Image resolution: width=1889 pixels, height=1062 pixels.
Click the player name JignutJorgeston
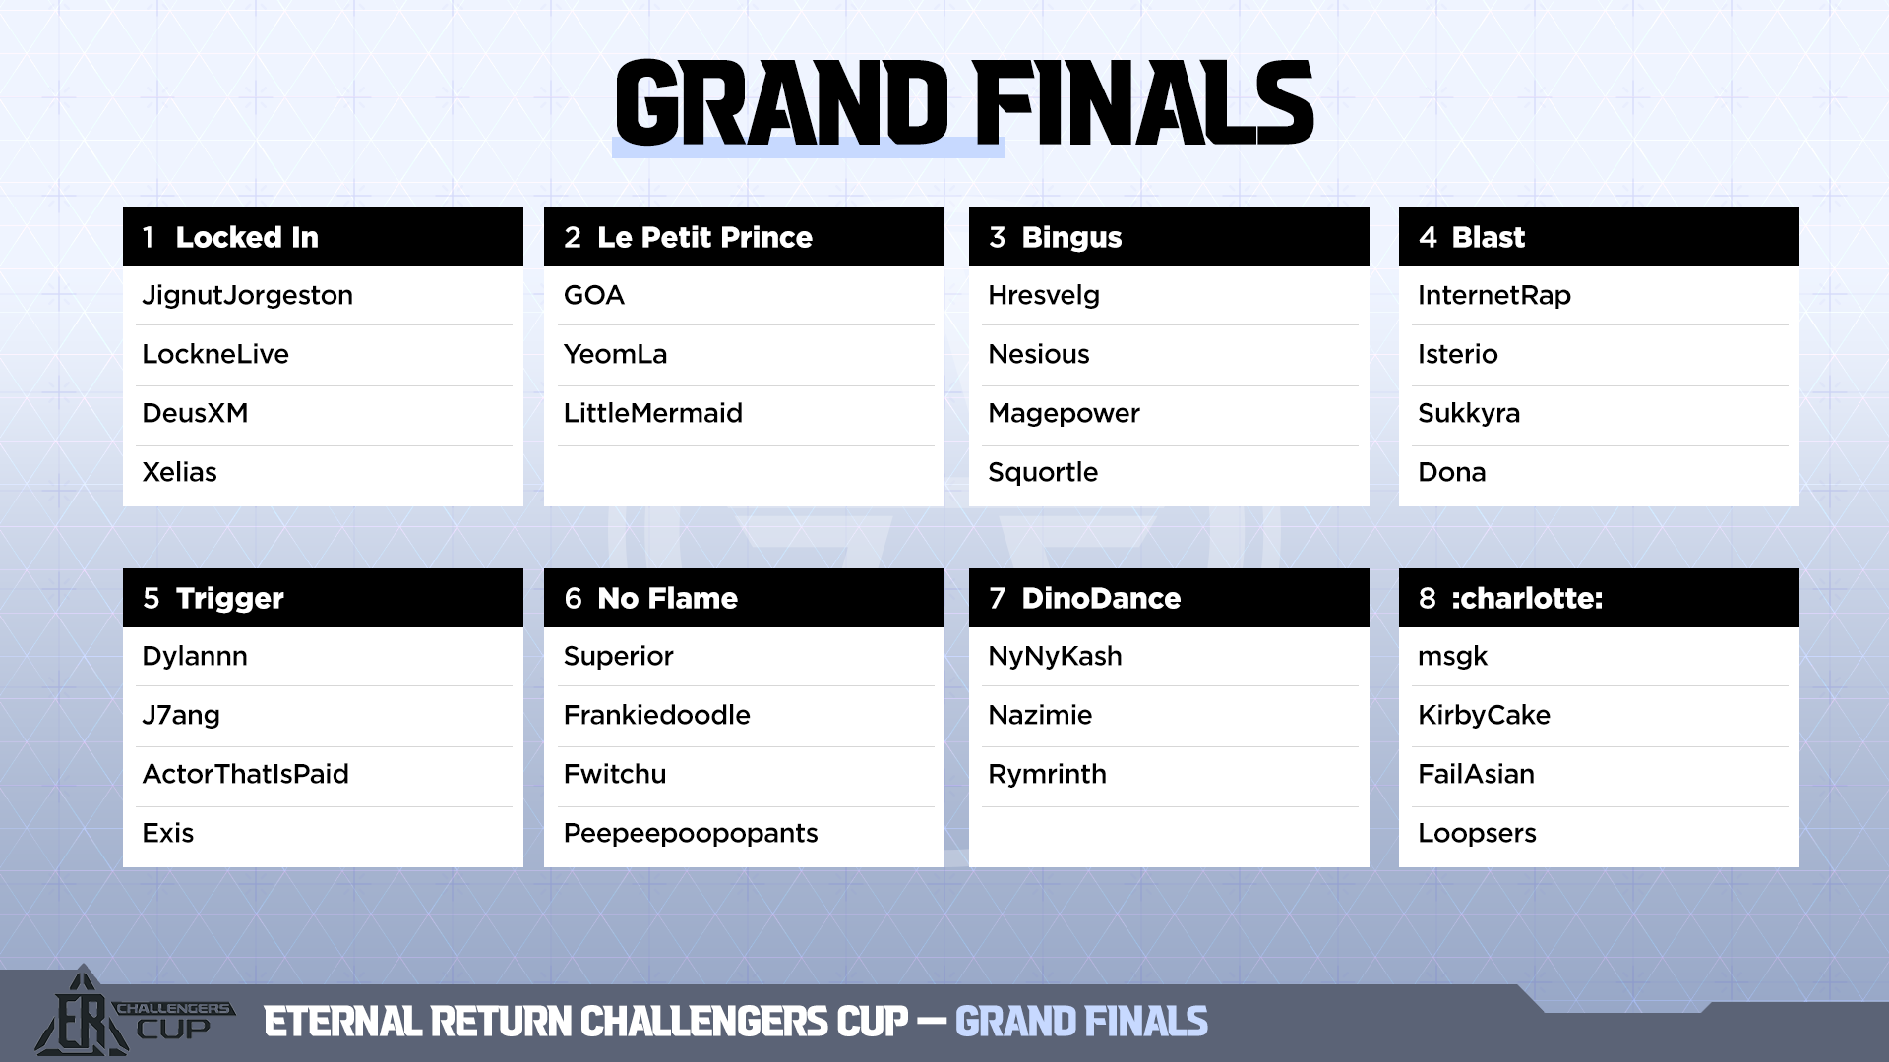[x=247, y=296]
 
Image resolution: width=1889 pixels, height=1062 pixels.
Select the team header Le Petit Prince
[x=704, y=237]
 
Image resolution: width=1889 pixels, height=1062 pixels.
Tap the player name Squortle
[x=1043, y=473]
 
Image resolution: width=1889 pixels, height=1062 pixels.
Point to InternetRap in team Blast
[x=1493, y=296]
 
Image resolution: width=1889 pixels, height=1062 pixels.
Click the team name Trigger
[x=229, y=599]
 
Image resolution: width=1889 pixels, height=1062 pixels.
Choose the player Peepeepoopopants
[x=691, y=834]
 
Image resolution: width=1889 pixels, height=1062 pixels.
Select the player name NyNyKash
[x=1055, y=657]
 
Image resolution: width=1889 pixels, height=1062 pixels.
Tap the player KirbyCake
[x=1484, y=716]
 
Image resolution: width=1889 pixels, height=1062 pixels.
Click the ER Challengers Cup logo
[x=133, y=1013]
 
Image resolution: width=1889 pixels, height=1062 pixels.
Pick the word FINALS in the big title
[x=1143, y=102]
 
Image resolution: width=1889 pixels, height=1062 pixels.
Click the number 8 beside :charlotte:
[x=1428, y=598]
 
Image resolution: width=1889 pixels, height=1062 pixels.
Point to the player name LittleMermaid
[x=653, y=413]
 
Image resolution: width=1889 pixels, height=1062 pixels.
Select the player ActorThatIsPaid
[x=245, y=775]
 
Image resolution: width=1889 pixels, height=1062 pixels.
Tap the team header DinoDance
[x=1101, y=598]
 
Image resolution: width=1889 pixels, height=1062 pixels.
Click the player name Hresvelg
[x=1044, y=296]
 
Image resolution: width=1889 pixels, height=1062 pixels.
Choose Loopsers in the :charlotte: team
[x=1477, y=834]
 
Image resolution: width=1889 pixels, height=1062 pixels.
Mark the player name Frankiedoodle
[x=657, y=716]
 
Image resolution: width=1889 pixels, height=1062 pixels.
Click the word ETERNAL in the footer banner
[x=343, y=1022]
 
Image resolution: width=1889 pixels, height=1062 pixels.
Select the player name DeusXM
[x=195, y=413]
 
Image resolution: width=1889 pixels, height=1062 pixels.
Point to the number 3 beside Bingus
[x=998, y=237]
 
